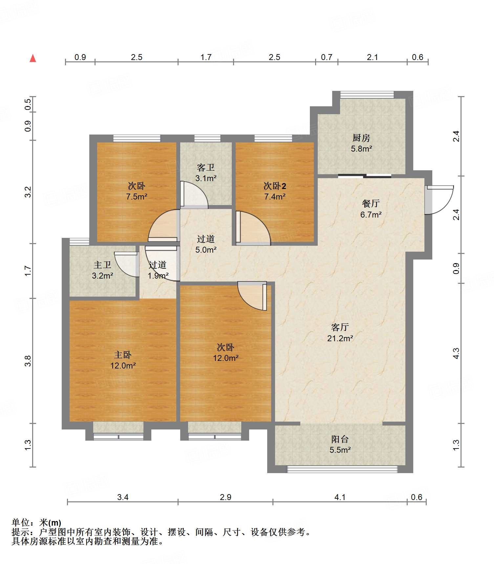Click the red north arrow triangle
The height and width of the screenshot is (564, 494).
click(33, 58)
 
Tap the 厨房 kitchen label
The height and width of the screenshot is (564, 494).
click(361, 138)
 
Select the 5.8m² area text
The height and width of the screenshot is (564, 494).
click(361, 149)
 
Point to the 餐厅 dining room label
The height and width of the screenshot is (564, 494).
click(371, 204)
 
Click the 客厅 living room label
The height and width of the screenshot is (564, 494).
click(340, 327)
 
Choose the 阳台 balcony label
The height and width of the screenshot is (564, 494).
click(340, 439)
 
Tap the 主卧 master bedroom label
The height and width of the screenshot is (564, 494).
click(123, 355)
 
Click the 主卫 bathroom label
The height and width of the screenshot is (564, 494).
click(102, 265)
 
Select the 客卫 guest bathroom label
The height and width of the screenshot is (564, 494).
click(206, 168)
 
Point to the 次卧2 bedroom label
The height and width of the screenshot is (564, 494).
click(275, 186)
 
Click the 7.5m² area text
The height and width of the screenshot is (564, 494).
click(137, 197)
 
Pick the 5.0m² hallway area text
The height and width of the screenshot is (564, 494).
click(206, 250)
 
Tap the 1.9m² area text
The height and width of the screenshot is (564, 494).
click(158, 276)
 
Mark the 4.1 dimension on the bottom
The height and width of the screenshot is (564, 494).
click(340, 497)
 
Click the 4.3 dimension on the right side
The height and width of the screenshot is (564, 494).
click(456, 353)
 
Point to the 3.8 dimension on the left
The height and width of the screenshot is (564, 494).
click(28, 361)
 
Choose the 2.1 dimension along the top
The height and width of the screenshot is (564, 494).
click(372, 57)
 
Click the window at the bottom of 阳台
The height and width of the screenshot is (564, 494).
click(342, 470)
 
